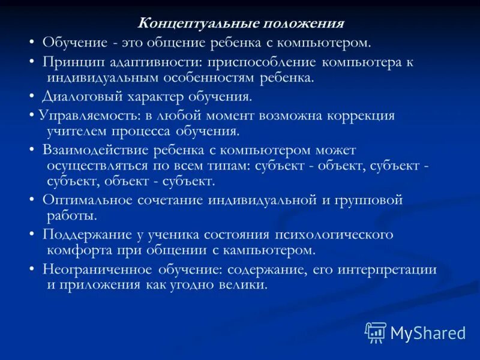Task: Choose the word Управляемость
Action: tap(82, 115)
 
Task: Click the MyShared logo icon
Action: tap(376, 332)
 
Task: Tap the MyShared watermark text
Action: tap(428, 332)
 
